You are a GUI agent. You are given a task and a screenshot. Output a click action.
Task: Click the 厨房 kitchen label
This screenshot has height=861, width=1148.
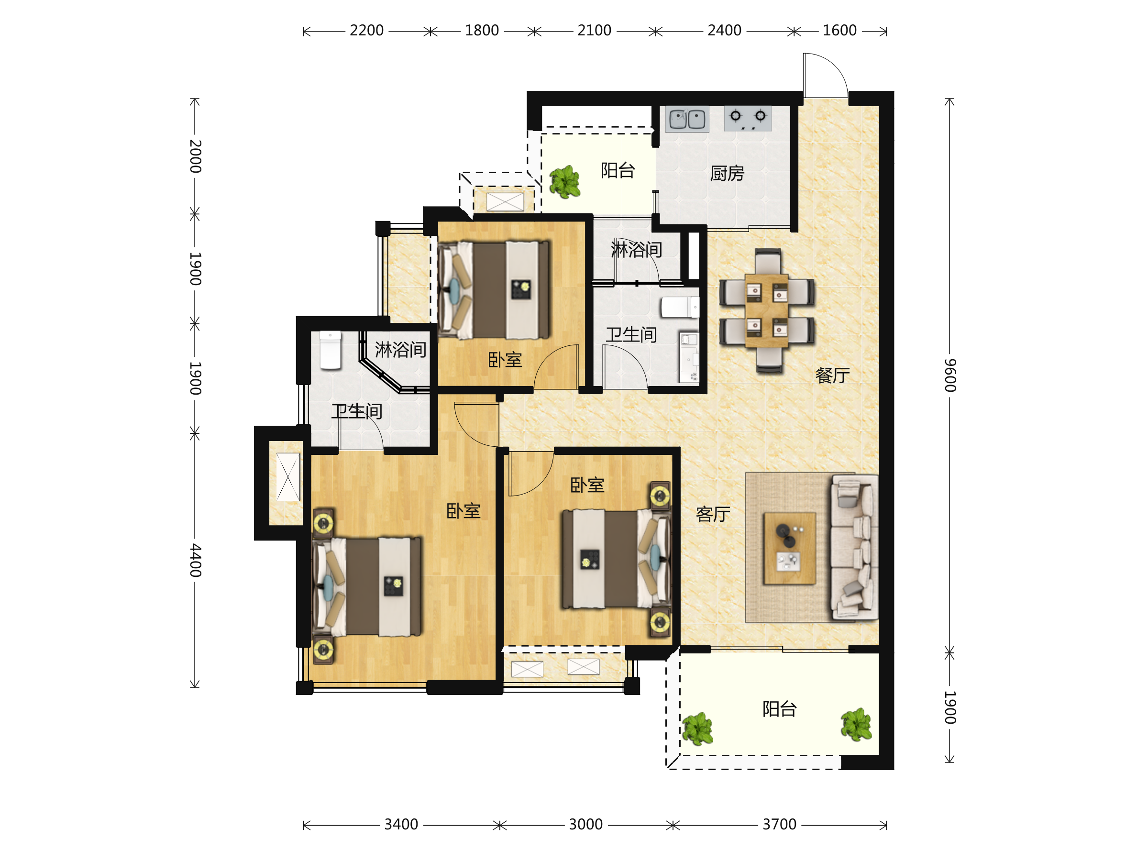point(727,173)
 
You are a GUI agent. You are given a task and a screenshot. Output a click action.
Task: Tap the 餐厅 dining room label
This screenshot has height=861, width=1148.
point(832,375)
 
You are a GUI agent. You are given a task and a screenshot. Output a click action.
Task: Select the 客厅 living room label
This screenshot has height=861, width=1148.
point(713,514)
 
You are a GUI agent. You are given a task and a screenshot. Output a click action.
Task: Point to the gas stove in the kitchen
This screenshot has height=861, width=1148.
point(748,118)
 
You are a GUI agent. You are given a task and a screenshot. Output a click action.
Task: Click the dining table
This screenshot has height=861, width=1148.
point(767,310)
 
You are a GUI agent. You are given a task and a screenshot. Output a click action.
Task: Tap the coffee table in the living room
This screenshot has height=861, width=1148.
point(789,548)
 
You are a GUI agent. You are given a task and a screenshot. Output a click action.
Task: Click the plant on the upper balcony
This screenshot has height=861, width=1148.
point(564,182)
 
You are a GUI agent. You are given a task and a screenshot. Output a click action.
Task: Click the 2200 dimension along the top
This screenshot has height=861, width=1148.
point(366,31)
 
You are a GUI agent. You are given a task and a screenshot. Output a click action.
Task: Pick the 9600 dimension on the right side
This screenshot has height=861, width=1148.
point(950,375)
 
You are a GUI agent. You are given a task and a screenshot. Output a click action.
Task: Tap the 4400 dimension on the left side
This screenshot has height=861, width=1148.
point(195,561)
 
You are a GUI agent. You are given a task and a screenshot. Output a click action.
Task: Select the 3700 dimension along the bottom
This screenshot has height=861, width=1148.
point(779,825)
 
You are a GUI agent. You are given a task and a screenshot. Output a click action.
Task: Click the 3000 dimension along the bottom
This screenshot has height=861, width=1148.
point(585,825)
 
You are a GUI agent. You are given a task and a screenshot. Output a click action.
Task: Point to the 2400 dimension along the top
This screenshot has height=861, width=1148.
point(725,31)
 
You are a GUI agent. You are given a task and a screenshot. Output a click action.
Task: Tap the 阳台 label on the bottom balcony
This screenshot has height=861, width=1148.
point(779,709)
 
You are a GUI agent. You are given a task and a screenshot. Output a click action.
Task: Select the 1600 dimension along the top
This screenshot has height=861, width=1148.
point(840,31)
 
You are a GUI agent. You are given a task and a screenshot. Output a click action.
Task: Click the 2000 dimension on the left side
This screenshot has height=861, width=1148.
point(195,156)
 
